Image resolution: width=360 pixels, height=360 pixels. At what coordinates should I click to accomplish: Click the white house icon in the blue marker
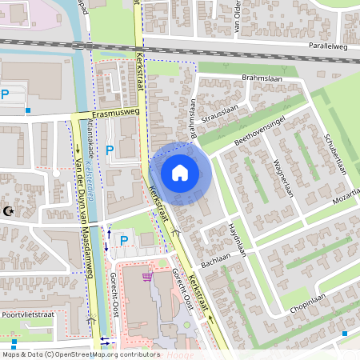coord(180,172)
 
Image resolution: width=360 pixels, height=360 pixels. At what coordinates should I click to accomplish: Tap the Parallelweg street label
coord(328,46)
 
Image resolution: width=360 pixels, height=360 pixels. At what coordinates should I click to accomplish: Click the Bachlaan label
coord(215,262)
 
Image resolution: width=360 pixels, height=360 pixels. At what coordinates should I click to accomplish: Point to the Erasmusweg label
coord(115,113)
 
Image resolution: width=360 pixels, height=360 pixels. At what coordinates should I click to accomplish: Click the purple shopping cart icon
coord(146,277)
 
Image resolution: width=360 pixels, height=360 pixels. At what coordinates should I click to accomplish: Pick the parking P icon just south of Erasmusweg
coord(110,149)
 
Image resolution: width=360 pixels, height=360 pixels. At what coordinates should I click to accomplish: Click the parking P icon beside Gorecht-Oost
coord(123,240)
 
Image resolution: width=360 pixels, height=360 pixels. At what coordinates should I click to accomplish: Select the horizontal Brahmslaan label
coord(258,78)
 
